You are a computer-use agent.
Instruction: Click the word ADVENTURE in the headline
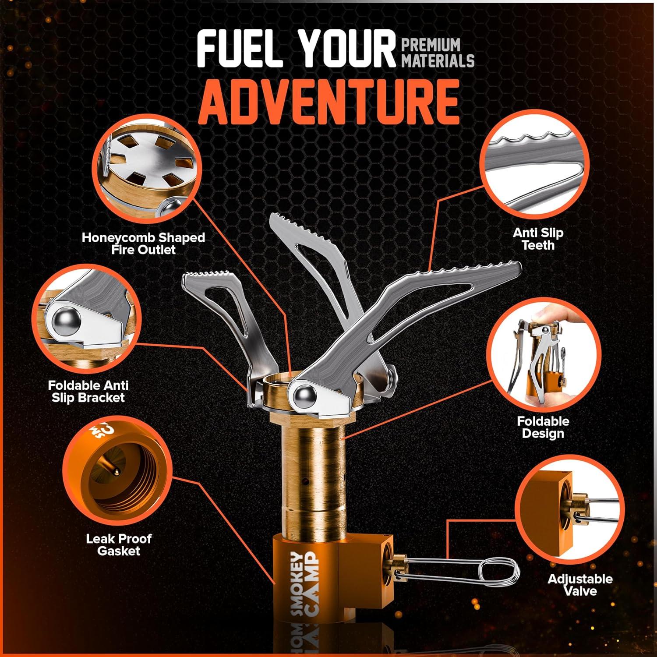328,102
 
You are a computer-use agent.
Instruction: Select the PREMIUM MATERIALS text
438,53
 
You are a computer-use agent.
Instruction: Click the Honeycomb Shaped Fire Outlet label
143,244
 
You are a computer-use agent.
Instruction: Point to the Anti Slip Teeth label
538,239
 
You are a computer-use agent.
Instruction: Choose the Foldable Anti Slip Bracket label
88,392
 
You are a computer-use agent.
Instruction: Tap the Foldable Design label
543,427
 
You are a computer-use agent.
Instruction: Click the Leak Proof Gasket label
119,544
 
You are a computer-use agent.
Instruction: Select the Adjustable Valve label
580,585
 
